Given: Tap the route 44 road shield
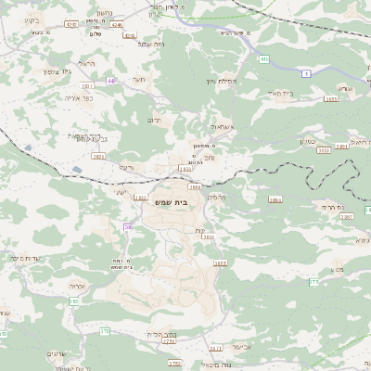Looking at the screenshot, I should pyautogui.click(x=111, y=81).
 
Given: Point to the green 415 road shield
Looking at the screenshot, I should pyautogui.click(x=263, y=59).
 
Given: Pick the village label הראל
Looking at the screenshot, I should pyautogui.click(x=87, y=63).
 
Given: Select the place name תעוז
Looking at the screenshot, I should pyautogui.click(x=140, y=80).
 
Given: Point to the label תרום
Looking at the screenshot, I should pyautogui.click(x=155, y=120).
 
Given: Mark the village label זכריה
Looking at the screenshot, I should pyautogui.click(x=76, y=288).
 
